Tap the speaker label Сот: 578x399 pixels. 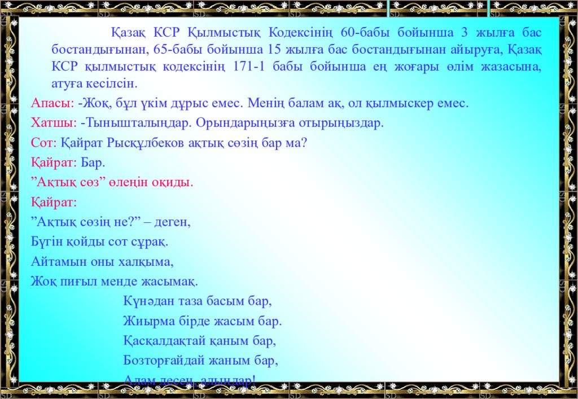click(43, 143)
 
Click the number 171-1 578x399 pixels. click(249, 67)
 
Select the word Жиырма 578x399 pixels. click(145, 322)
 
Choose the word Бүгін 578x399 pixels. click(46, 242)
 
